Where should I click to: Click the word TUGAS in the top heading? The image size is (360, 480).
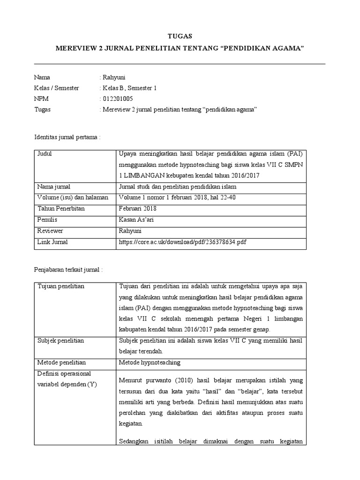click(180, 36)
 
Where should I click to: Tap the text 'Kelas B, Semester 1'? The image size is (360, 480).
click(129, 88)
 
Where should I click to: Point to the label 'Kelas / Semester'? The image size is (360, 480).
click(57, 88)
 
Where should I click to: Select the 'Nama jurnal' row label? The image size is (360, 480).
click(53, 187)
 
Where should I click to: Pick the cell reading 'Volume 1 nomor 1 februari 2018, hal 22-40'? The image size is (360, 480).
click(177, 197)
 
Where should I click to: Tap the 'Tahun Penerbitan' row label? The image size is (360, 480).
click(61, 209)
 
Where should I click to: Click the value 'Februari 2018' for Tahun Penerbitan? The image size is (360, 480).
click(138, 209)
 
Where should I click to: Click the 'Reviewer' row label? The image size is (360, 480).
click(50, 231)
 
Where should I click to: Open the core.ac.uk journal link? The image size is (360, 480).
click(183, 242)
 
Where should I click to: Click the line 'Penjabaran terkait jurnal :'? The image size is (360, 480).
click(68, 270)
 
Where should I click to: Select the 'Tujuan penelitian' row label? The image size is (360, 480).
click(62, 286)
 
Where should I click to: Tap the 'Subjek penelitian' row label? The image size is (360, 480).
click(60, 341)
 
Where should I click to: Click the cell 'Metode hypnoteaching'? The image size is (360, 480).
click(150, 362)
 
